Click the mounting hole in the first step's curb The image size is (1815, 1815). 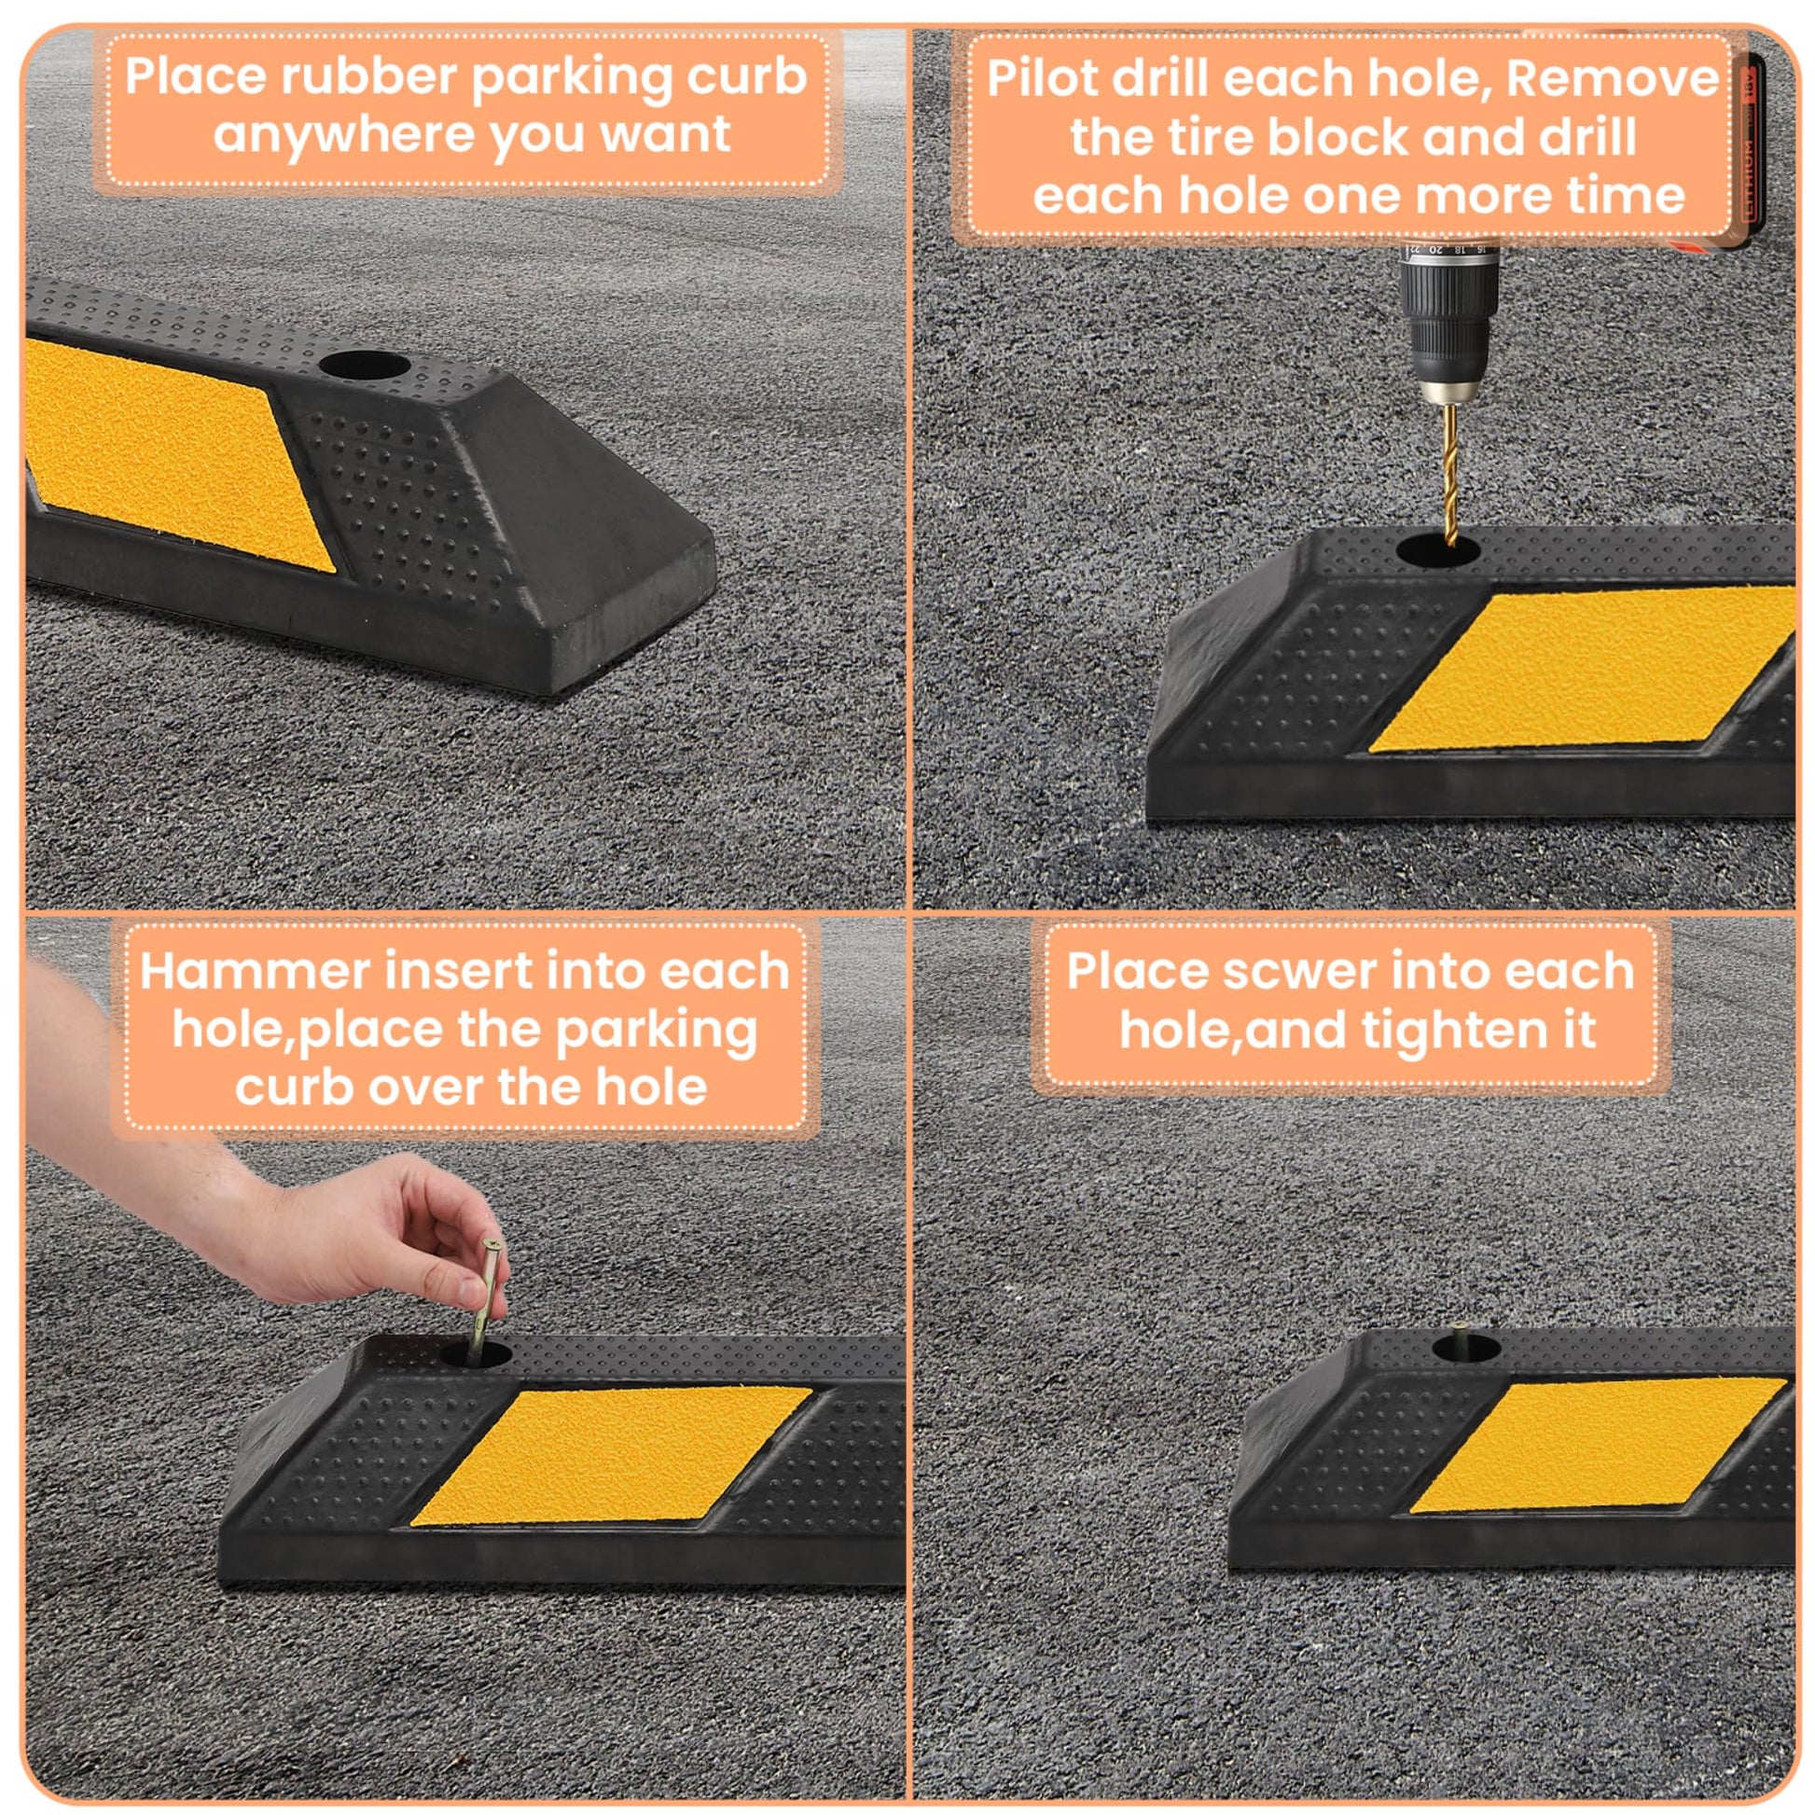click(364, 367)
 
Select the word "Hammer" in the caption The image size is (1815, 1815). click(254, 970)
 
